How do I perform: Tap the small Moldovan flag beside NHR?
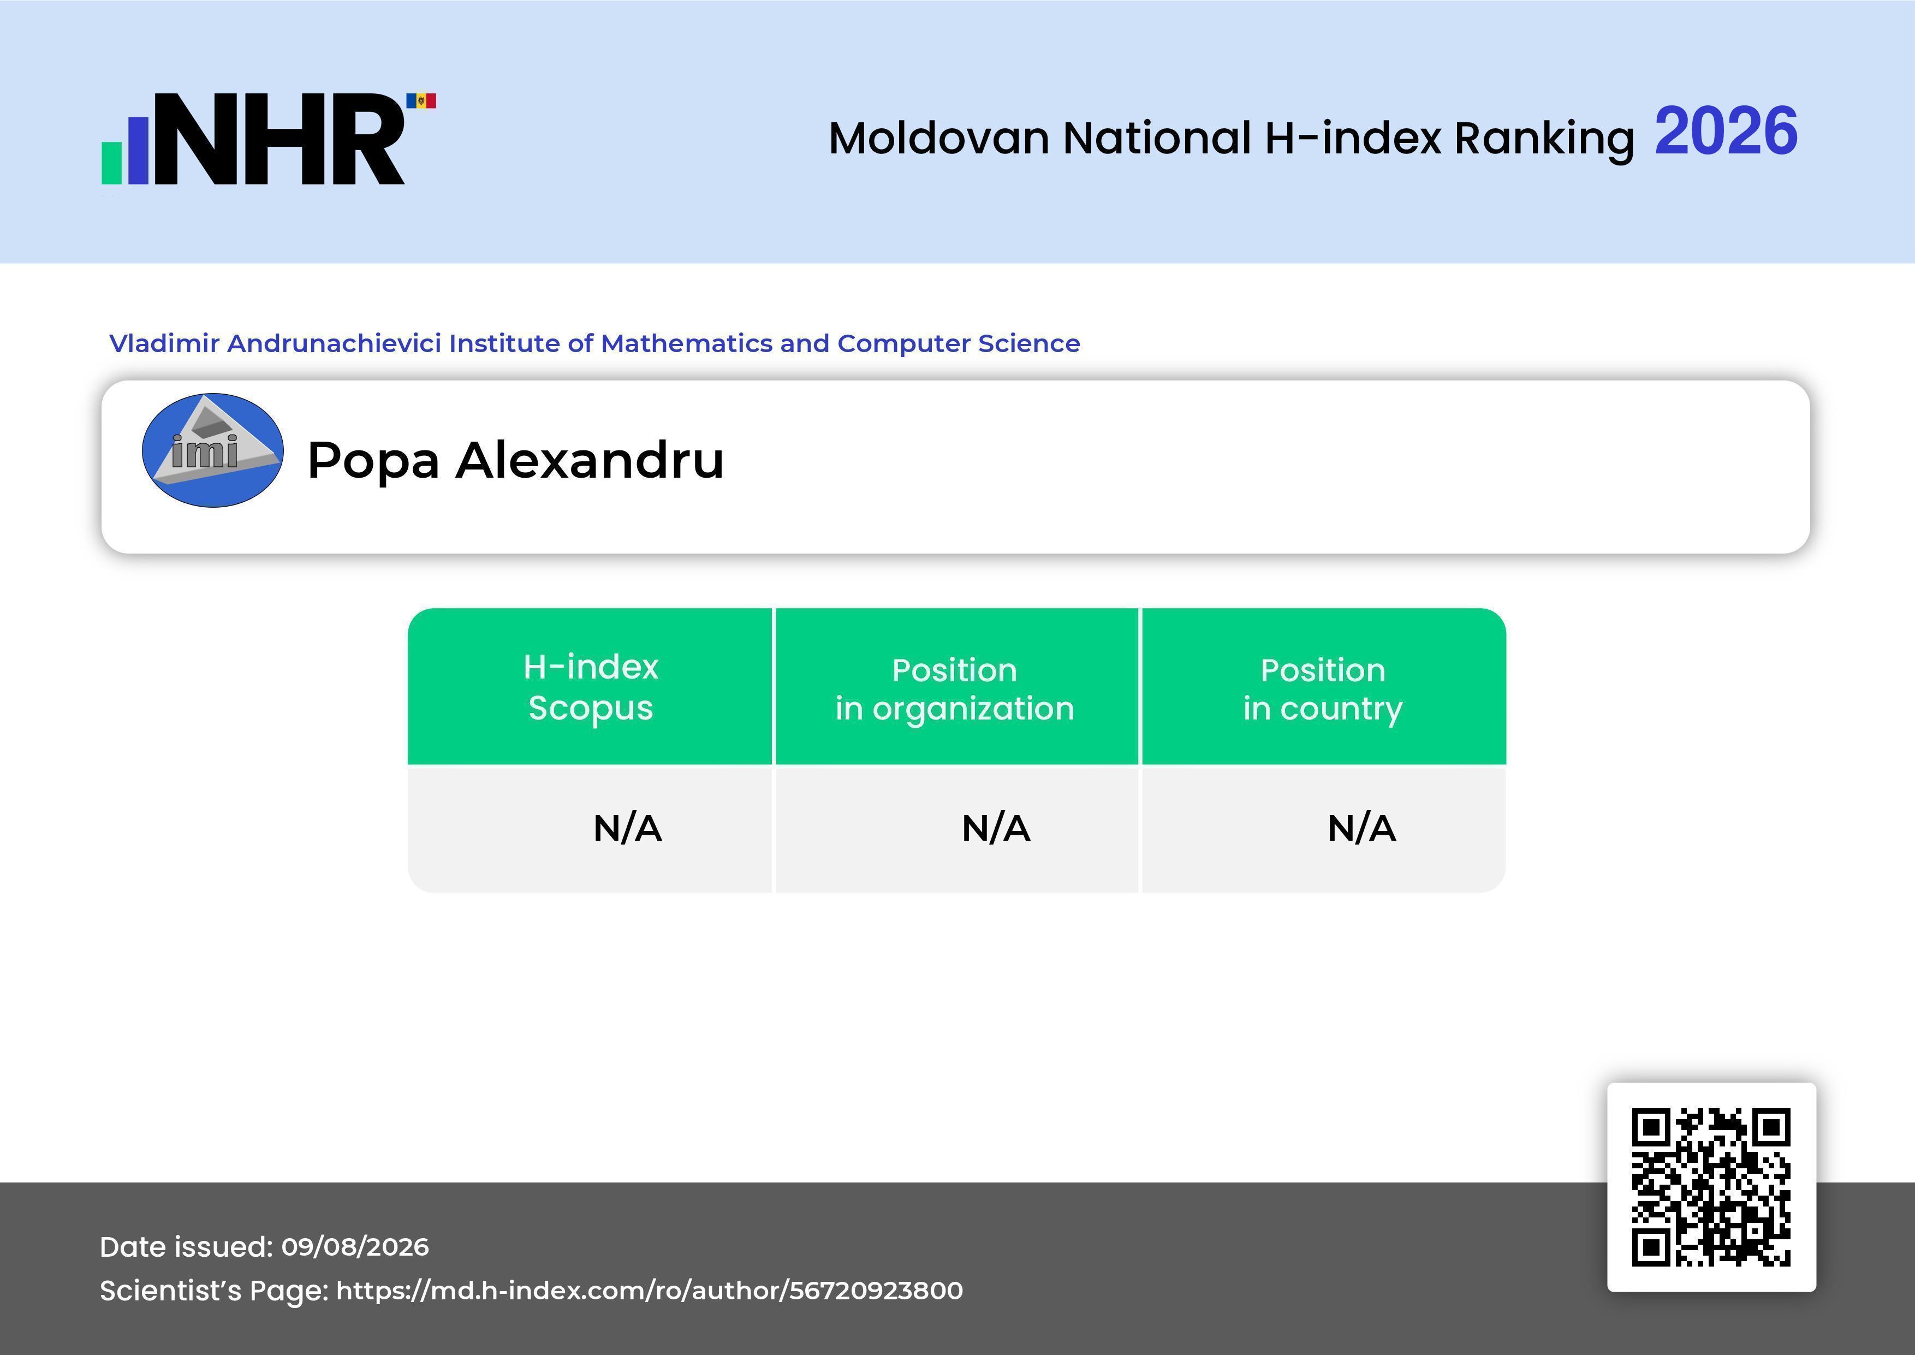[421, 101]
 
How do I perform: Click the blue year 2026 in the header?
[1726, 131]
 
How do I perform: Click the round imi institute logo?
[213, 450]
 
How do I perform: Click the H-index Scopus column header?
[591, 687]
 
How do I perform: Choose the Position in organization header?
[955, 689]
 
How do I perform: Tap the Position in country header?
[1323, 689]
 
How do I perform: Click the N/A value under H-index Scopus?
[627, 829]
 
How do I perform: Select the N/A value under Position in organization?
[996, 829]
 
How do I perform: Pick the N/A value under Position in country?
[1361, 829]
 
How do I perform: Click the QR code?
[1711, 1187]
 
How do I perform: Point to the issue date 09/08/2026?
[355, 1246]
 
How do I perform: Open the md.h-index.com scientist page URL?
[650, 1291]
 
